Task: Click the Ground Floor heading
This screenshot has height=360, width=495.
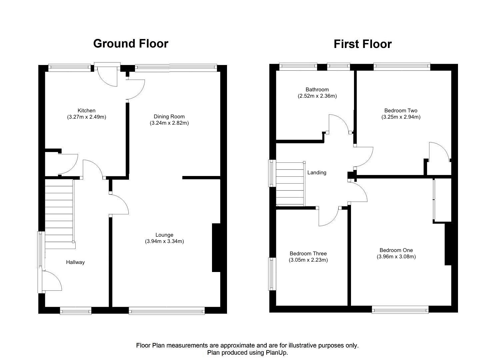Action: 131,44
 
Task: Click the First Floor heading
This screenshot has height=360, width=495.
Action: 363,44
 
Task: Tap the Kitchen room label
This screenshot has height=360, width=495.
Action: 86,111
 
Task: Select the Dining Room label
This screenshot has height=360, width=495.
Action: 169,117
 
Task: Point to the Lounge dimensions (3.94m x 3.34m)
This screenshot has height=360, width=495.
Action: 164,241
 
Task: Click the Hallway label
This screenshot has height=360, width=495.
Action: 75,262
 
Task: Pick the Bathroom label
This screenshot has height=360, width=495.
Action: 317,90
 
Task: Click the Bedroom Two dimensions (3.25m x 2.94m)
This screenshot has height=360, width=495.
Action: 401,117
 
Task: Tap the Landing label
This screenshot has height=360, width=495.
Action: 317,173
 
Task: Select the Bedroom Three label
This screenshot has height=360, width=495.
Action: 308,254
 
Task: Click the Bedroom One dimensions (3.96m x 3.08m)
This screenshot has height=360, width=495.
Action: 396,257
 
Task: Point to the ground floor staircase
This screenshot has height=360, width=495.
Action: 59,213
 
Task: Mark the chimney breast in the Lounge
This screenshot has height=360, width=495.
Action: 216,248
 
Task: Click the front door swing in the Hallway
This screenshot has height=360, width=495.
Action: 52,281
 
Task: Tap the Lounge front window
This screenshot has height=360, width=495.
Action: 167,311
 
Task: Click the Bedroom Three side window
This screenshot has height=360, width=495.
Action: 272,274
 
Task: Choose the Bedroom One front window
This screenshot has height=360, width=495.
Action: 400,310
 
